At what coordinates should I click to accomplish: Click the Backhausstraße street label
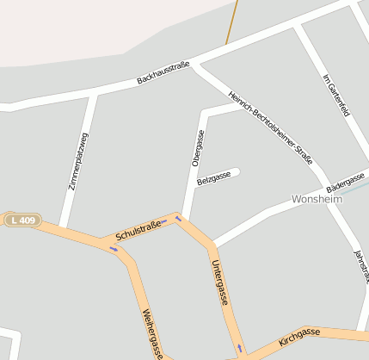coord(163,74)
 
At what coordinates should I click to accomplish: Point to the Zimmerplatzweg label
coord(78,161)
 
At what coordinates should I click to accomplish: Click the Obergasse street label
coord(198,147)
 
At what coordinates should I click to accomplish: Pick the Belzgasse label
coord(213,178)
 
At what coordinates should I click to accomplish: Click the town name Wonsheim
coord(317,199)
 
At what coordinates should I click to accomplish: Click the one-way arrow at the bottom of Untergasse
coord(240,349)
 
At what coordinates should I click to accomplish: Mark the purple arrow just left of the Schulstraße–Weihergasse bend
coord(114,249)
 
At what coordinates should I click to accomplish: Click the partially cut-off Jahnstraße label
coord(361,265)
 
